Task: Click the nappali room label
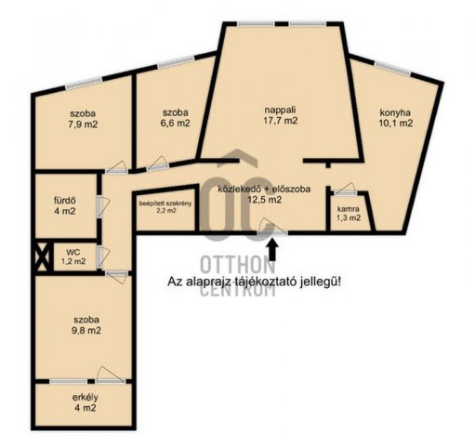[x=281, y=110]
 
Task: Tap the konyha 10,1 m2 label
[x=396, y=118]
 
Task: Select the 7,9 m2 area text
[x=83, y=125]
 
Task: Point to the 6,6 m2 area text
[x=176, y=123]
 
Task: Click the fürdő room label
[x=64, y=201]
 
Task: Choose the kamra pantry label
[x=349, y=209]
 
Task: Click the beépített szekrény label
[x=165, y=203]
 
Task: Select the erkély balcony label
[x=86, y=397]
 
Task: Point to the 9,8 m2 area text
[x=86, y=331]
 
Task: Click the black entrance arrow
[x=272, y=250]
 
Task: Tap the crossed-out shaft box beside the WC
[x=42, y=256]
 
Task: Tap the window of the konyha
[x=392, y=69]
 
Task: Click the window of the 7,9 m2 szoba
[x=84, y=84]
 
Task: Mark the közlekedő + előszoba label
[x=264, y=189]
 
